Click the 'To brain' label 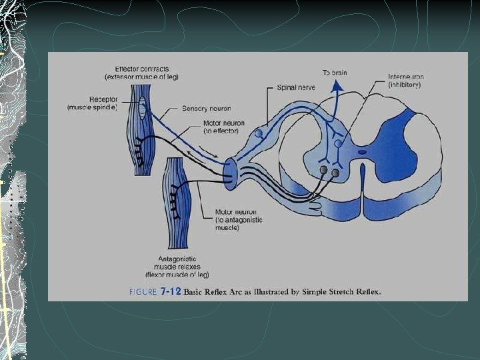pyautogui.click(x=335, y=72)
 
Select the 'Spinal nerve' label pyautogui.click(x=295, y=87)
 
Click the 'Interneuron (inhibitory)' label pyautogui.click(x=405, y=81)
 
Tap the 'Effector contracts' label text pyautogui.click(x=141, y=69)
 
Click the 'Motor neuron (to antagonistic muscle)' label pyautogui.click(x=239, y=220)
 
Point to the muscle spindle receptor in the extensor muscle pyautogui.click(x=142, y=105)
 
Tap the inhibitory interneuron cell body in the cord pyautogui.click(x=338, y=143)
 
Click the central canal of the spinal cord pyautogui.click(x=362, y=151)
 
